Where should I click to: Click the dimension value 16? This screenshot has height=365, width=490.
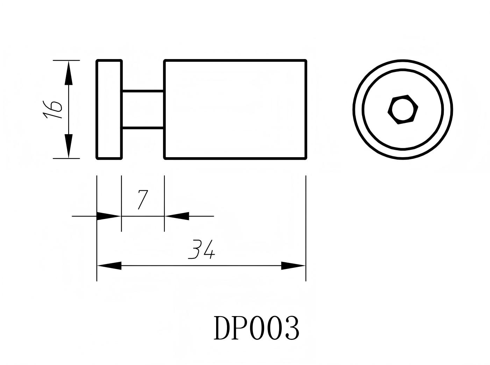click(52, 110)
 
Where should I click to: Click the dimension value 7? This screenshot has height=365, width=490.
click(142, 199)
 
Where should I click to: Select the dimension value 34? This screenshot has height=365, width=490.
click(201, 249)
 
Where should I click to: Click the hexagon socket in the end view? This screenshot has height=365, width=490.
click(403, 109)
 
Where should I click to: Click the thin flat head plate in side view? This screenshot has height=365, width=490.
click(109, 110)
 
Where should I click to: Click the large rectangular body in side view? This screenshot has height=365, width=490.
click(235, 110)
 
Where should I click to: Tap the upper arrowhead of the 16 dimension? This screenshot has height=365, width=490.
click(69, 73)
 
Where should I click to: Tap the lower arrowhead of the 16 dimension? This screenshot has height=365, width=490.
click(69, 146)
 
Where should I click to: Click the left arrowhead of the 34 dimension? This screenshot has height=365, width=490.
click(109, 266)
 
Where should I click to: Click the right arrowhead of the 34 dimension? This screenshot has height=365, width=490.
click(293, 266)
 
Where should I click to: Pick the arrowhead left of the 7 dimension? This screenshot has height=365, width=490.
click(109, 216)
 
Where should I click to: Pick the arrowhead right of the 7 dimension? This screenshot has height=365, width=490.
click(177, 216)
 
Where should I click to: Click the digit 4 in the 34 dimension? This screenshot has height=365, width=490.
click(209, 249)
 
